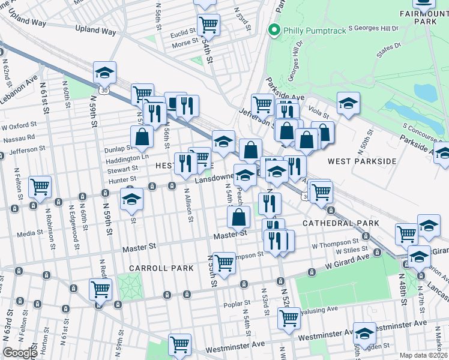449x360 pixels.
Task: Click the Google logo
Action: click(20, 353)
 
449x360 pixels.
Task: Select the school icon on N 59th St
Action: click(104, 73)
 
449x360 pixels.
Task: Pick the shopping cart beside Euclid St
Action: click(208, 25)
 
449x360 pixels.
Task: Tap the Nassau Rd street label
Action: click(18, 137)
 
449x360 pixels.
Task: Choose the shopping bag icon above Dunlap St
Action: click(141, 137)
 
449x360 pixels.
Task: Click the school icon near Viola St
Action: click(348, 103)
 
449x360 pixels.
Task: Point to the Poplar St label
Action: click(231, 305)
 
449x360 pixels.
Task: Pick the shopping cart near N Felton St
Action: click(40, 187)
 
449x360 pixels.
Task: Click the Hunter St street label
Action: click(122, 179)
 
